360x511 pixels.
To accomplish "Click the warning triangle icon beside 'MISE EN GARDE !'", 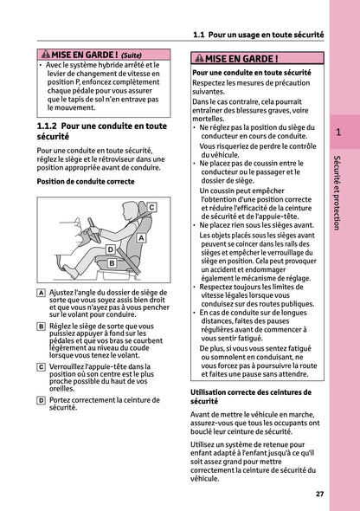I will click(201, 59).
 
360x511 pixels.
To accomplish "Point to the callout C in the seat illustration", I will click(151, 208).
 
